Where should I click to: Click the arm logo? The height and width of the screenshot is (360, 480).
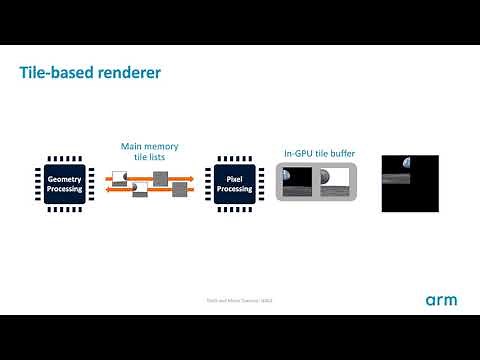coord(441,300)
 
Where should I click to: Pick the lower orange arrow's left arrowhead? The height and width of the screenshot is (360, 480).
coord(106,189)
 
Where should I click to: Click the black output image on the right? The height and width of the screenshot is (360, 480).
coord(410,184)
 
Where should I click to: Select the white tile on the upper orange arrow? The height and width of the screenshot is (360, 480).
coord(119,177)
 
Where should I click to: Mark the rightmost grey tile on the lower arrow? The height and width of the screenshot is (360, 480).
coord(181,188)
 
